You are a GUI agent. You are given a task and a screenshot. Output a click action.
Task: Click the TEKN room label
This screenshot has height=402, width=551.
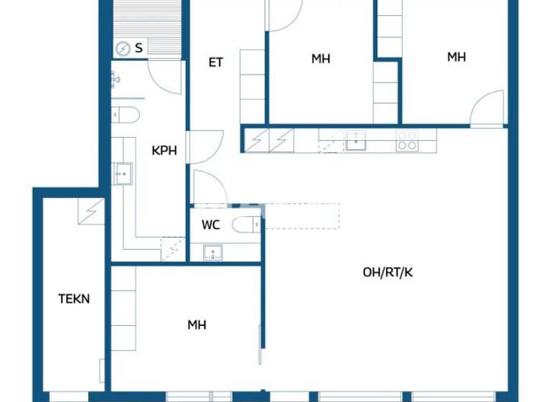[x=74, y=299]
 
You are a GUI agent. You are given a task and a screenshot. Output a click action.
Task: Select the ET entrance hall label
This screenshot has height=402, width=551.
[x=215, y=62]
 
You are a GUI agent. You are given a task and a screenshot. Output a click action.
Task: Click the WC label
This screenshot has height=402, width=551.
[x=210, y=225]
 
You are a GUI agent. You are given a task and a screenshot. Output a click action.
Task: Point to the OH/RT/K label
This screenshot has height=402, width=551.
[x=388, y=272]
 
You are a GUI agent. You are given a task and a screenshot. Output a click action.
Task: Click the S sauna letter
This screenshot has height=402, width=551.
[x=138, y=48]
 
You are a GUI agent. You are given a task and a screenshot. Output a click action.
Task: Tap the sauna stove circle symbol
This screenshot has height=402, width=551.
[x=123, y=49]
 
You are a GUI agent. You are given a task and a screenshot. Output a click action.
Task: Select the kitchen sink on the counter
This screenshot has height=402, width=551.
[x=355, y=141]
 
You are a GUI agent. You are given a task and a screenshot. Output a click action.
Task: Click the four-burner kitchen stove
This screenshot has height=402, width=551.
[x=407, y=141]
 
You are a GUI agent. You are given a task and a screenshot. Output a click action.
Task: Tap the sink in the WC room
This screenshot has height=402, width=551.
[x=212, y=252]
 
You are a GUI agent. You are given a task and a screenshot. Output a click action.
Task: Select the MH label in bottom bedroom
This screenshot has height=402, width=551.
[x=197, y=325]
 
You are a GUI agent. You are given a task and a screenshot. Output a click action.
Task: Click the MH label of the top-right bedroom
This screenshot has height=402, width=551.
[x=456, y=57]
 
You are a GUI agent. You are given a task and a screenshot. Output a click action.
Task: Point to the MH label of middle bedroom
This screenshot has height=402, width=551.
[x=321, y=59]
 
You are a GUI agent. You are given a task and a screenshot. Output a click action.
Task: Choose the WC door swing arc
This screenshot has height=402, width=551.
[x=209, y=188]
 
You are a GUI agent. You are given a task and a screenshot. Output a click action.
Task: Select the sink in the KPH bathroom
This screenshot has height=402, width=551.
[x=122, y=173]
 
